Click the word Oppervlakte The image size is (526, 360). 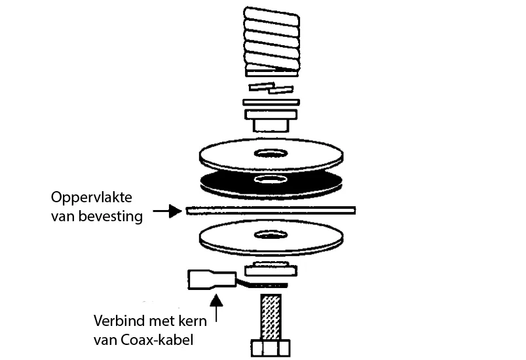[x=91, y=198]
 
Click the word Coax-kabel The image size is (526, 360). [x=157, y=340]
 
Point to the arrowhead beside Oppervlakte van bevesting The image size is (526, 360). [x=175, y=211]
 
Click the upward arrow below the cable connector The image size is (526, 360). [x=216, y=308]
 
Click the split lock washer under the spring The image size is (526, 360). [x=271, y=88]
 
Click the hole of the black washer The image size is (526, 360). [x=271, y=179]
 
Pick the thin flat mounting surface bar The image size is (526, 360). [x=271, y=211]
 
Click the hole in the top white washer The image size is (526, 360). [x=271, y=153]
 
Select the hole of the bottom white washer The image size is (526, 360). [x=271, y=234]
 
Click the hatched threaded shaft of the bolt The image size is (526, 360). [x=271, y=317]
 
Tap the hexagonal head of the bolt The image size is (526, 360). [x=271, y=348]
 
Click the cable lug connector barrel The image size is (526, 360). [x=212, y=279]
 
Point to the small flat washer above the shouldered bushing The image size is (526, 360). [x=271, y=102]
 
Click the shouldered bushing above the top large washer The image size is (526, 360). [x=271, y=120]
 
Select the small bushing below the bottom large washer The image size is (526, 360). [x=271, y=269]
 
